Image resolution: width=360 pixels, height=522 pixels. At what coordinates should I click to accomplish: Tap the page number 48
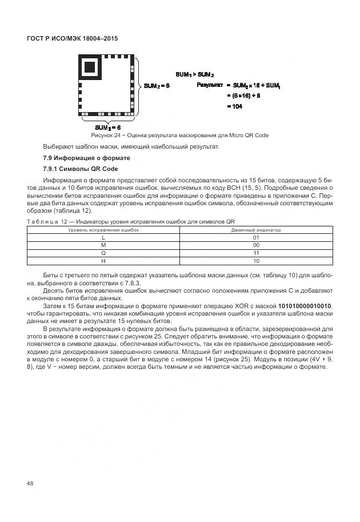click(x=30, y=484)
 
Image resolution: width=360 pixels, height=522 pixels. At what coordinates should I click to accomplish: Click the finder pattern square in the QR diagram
click(x=90, y=67)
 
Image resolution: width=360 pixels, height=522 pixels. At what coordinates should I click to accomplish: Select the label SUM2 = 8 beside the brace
click(x=157, y=86)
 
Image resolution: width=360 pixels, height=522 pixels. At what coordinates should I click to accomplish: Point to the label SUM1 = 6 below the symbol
click(x=107, y=127)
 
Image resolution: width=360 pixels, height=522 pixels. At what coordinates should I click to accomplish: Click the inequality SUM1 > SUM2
click(x=194, y=74)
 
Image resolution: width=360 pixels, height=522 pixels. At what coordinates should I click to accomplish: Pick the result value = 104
click(x=234, y=106)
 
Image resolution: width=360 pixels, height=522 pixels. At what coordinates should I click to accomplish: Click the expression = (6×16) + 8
click(x=243, y=95)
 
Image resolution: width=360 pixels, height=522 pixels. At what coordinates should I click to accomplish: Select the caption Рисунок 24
click(x=179, y=136)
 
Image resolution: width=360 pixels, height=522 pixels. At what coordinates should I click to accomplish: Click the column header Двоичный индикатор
click(x=255, y=229)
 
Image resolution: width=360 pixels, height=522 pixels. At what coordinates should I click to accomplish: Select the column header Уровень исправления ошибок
click(x=103, y=229)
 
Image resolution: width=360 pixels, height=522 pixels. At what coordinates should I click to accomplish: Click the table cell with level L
click(x=103, y=237)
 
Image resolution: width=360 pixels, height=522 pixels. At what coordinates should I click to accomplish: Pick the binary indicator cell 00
click(x=255, y=245)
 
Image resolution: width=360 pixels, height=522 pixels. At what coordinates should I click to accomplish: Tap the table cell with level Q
click(x=103, y=253)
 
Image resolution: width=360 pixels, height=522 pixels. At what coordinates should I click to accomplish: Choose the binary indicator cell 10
click(x=255, y=261)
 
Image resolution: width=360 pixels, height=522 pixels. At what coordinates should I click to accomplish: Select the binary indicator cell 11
click(x=255, y=253)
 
